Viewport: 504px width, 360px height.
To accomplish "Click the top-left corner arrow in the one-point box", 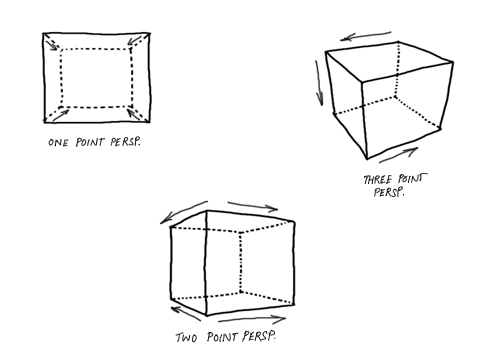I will (52, 43).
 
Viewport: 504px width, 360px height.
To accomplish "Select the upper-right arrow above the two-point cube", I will (252, 207).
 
